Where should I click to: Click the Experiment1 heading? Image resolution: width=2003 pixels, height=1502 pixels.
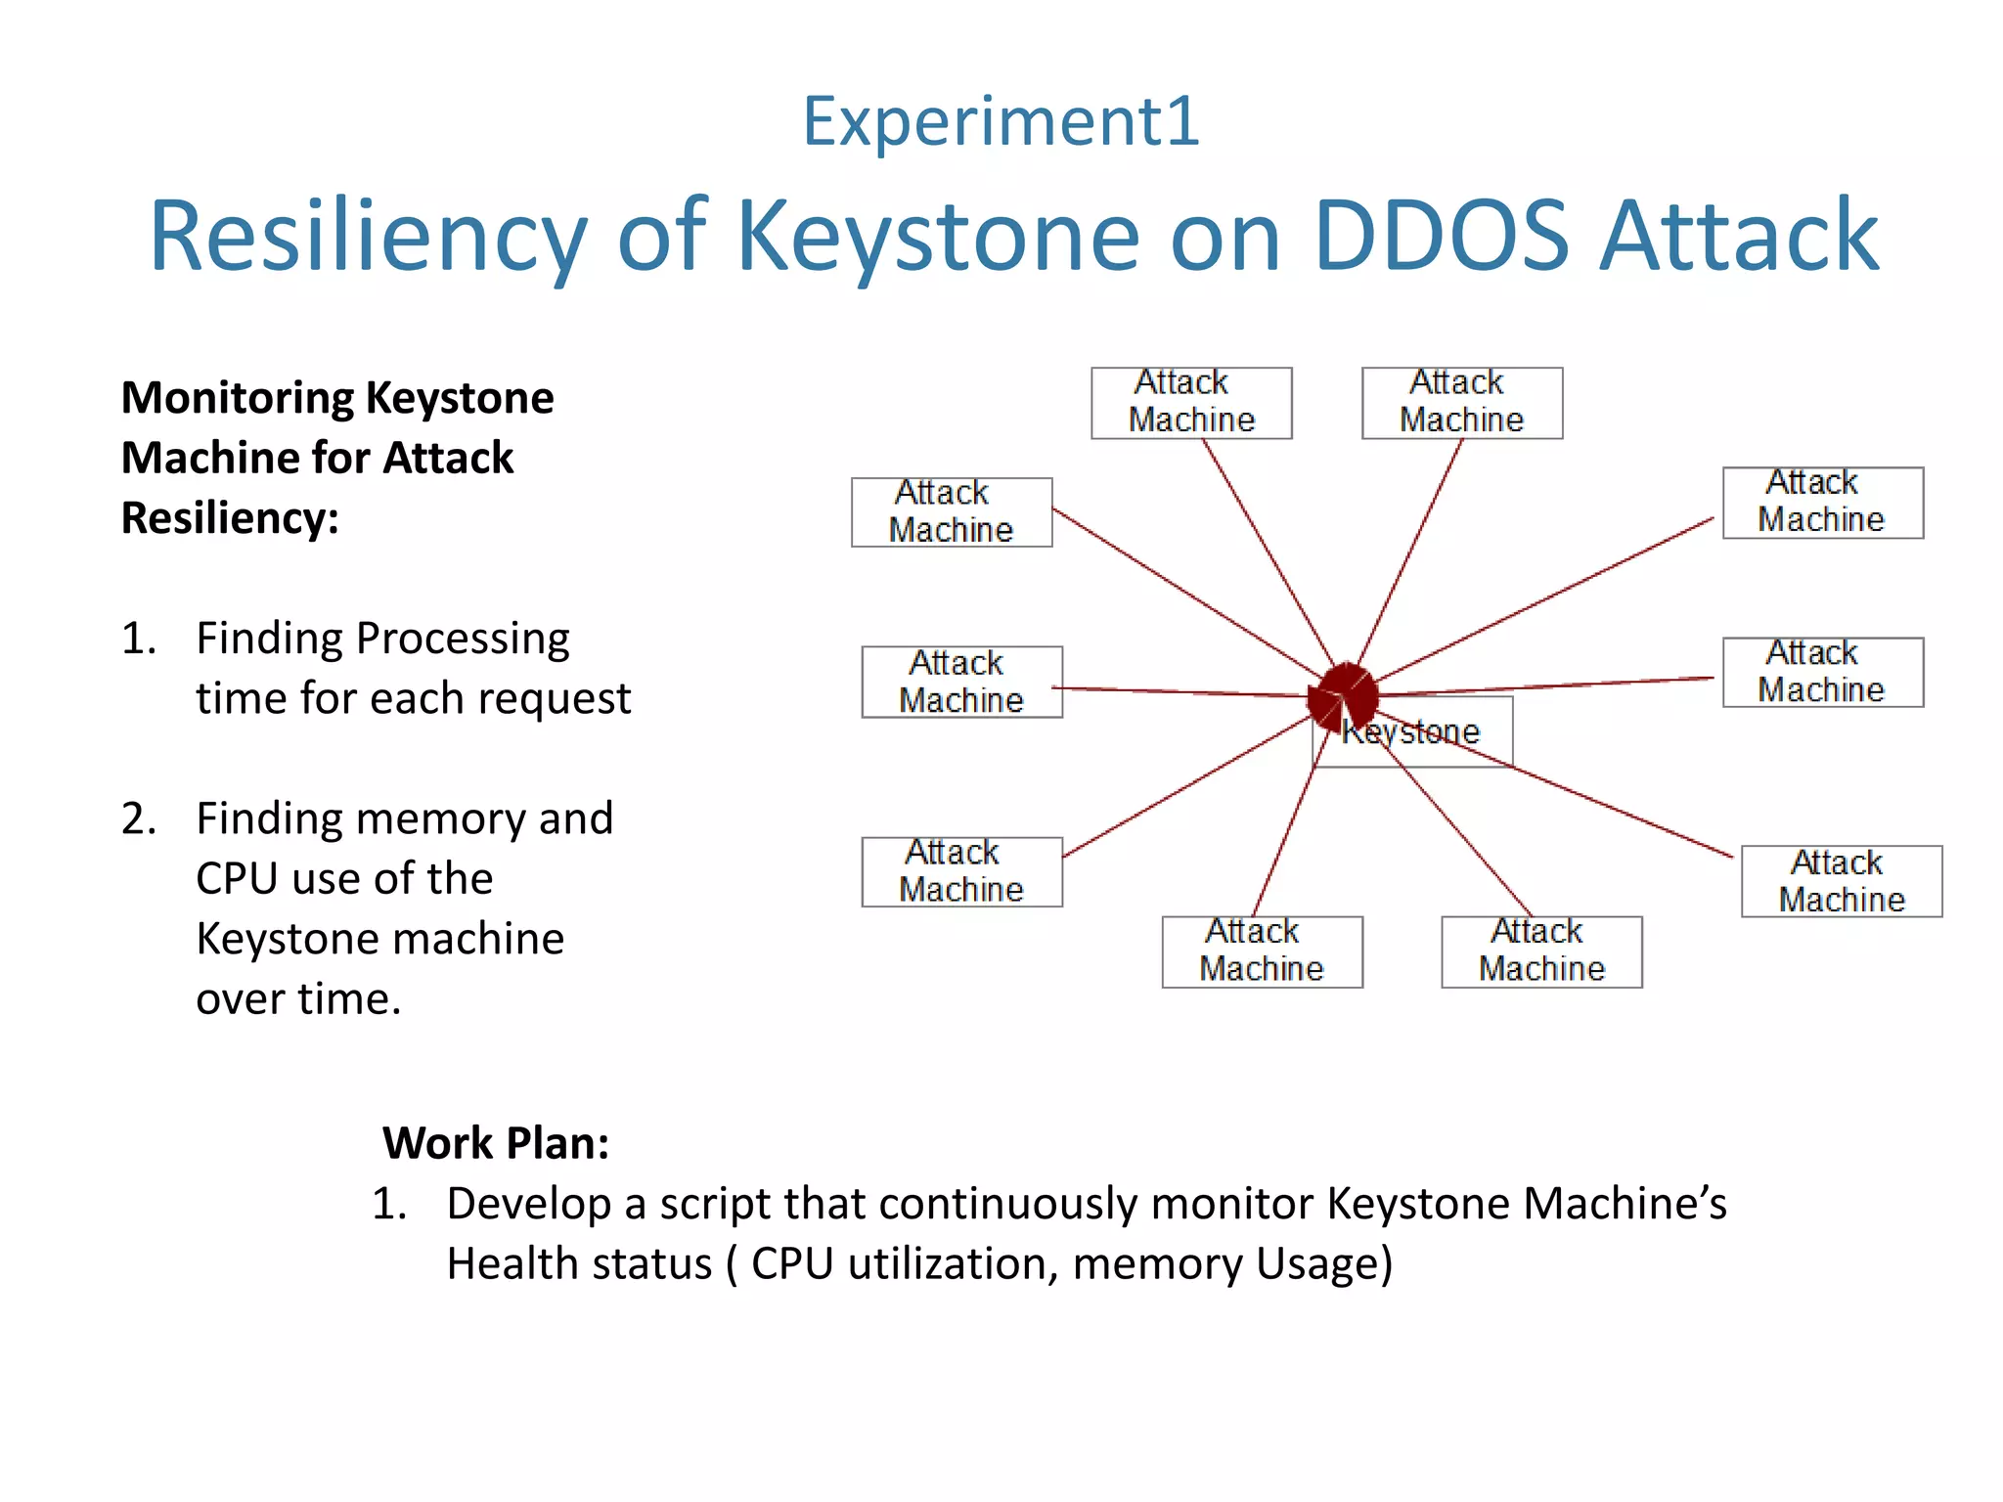1001,122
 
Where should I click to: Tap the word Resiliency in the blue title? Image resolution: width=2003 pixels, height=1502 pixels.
368,237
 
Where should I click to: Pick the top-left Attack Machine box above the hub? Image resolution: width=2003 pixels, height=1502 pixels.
1191,402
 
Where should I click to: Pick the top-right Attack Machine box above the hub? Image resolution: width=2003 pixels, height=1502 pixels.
1461,402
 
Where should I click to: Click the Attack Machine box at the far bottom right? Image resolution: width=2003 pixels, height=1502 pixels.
1841,881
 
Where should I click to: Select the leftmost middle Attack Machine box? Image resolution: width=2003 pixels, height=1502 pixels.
961,682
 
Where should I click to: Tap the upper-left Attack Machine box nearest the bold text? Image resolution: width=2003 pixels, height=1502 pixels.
952,511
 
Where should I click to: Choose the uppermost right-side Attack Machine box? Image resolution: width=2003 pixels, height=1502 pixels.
1822,502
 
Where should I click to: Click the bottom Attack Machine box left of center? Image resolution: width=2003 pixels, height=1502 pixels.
1262,950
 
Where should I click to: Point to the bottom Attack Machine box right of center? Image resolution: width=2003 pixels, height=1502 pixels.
1541,950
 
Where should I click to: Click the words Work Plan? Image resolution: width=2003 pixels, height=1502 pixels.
496,1142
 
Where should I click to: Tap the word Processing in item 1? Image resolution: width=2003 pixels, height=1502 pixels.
463,639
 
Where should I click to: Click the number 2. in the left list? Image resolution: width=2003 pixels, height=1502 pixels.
139,818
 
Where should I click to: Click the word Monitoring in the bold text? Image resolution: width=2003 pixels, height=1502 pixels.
239,398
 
